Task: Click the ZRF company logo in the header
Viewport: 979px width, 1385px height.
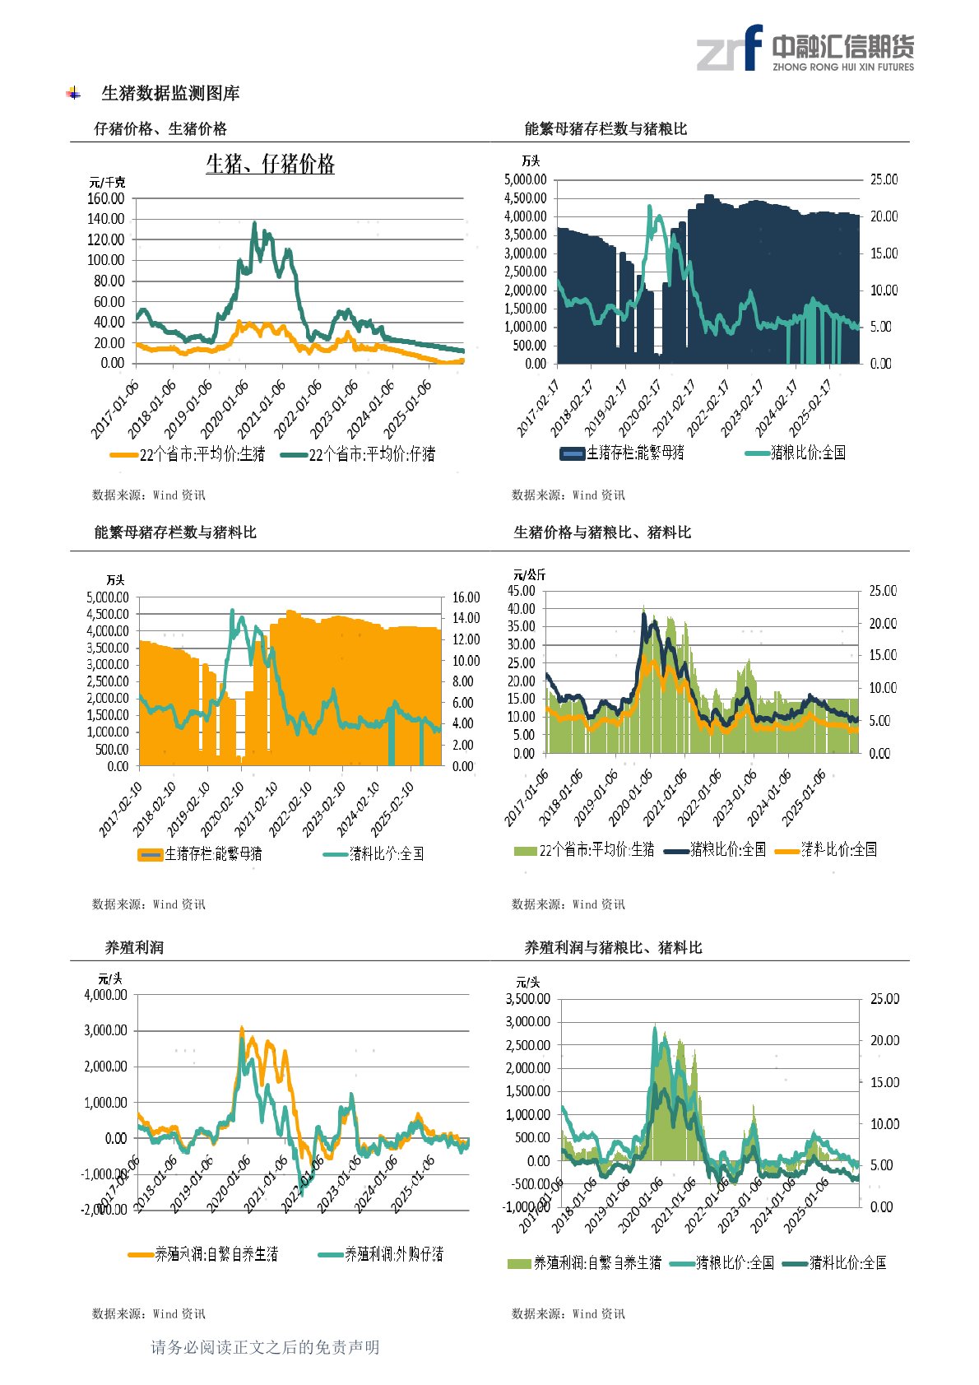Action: click(x=805, y=49)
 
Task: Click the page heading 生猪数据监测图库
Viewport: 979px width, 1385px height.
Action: click(x=170, y=94)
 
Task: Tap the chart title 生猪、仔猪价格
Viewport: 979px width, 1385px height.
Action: click(x=270, y=165)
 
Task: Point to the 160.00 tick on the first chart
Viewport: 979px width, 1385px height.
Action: click(x=106, y=198)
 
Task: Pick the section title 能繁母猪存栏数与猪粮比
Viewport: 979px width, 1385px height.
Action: click(x=605, y=128)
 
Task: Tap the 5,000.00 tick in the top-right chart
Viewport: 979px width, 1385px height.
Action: click(x=526, y=179)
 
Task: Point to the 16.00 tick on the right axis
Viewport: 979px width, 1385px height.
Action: click(x=466, y=597)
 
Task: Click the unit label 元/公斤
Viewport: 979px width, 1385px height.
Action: click(x=530, y=574)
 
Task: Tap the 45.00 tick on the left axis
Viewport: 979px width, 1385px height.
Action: click(x=522, y=591)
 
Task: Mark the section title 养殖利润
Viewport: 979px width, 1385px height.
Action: click(x=134, y=947)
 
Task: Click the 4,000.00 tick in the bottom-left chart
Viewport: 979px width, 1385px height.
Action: click(x=106, y=995)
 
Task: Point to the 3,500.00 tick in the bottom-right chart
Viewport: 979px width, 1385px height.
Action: click(x=528, y=999)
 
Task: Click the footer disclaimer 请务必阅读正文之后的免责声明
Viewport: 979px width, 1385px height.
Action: click(x=265, y=1347)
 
